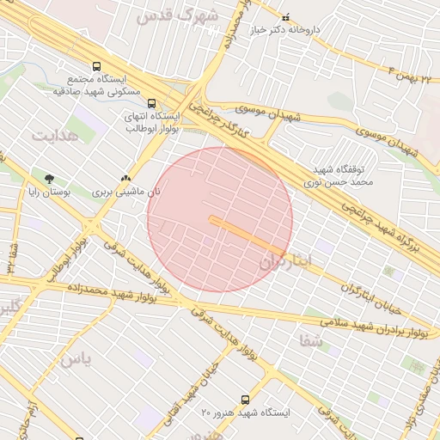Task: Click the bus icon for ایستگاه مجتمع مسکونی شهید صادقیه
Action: pyautogui.click(x=96, y=65)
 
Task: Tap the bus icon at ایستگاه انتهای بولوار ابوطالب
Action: pyautogui.click(x=152, y=103)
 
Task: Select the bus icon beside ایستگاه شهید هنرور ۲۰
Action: pyautogui.click(x=246, y=400)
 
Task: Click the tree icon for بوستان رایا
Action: pyautogui.click(x=48, y=178)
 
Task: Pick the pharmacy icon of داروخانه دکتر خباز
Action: pyautogui.click(x=286, y=16)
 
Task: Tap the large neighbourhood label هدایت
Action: pyautogui.click(x=55, y=135)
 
